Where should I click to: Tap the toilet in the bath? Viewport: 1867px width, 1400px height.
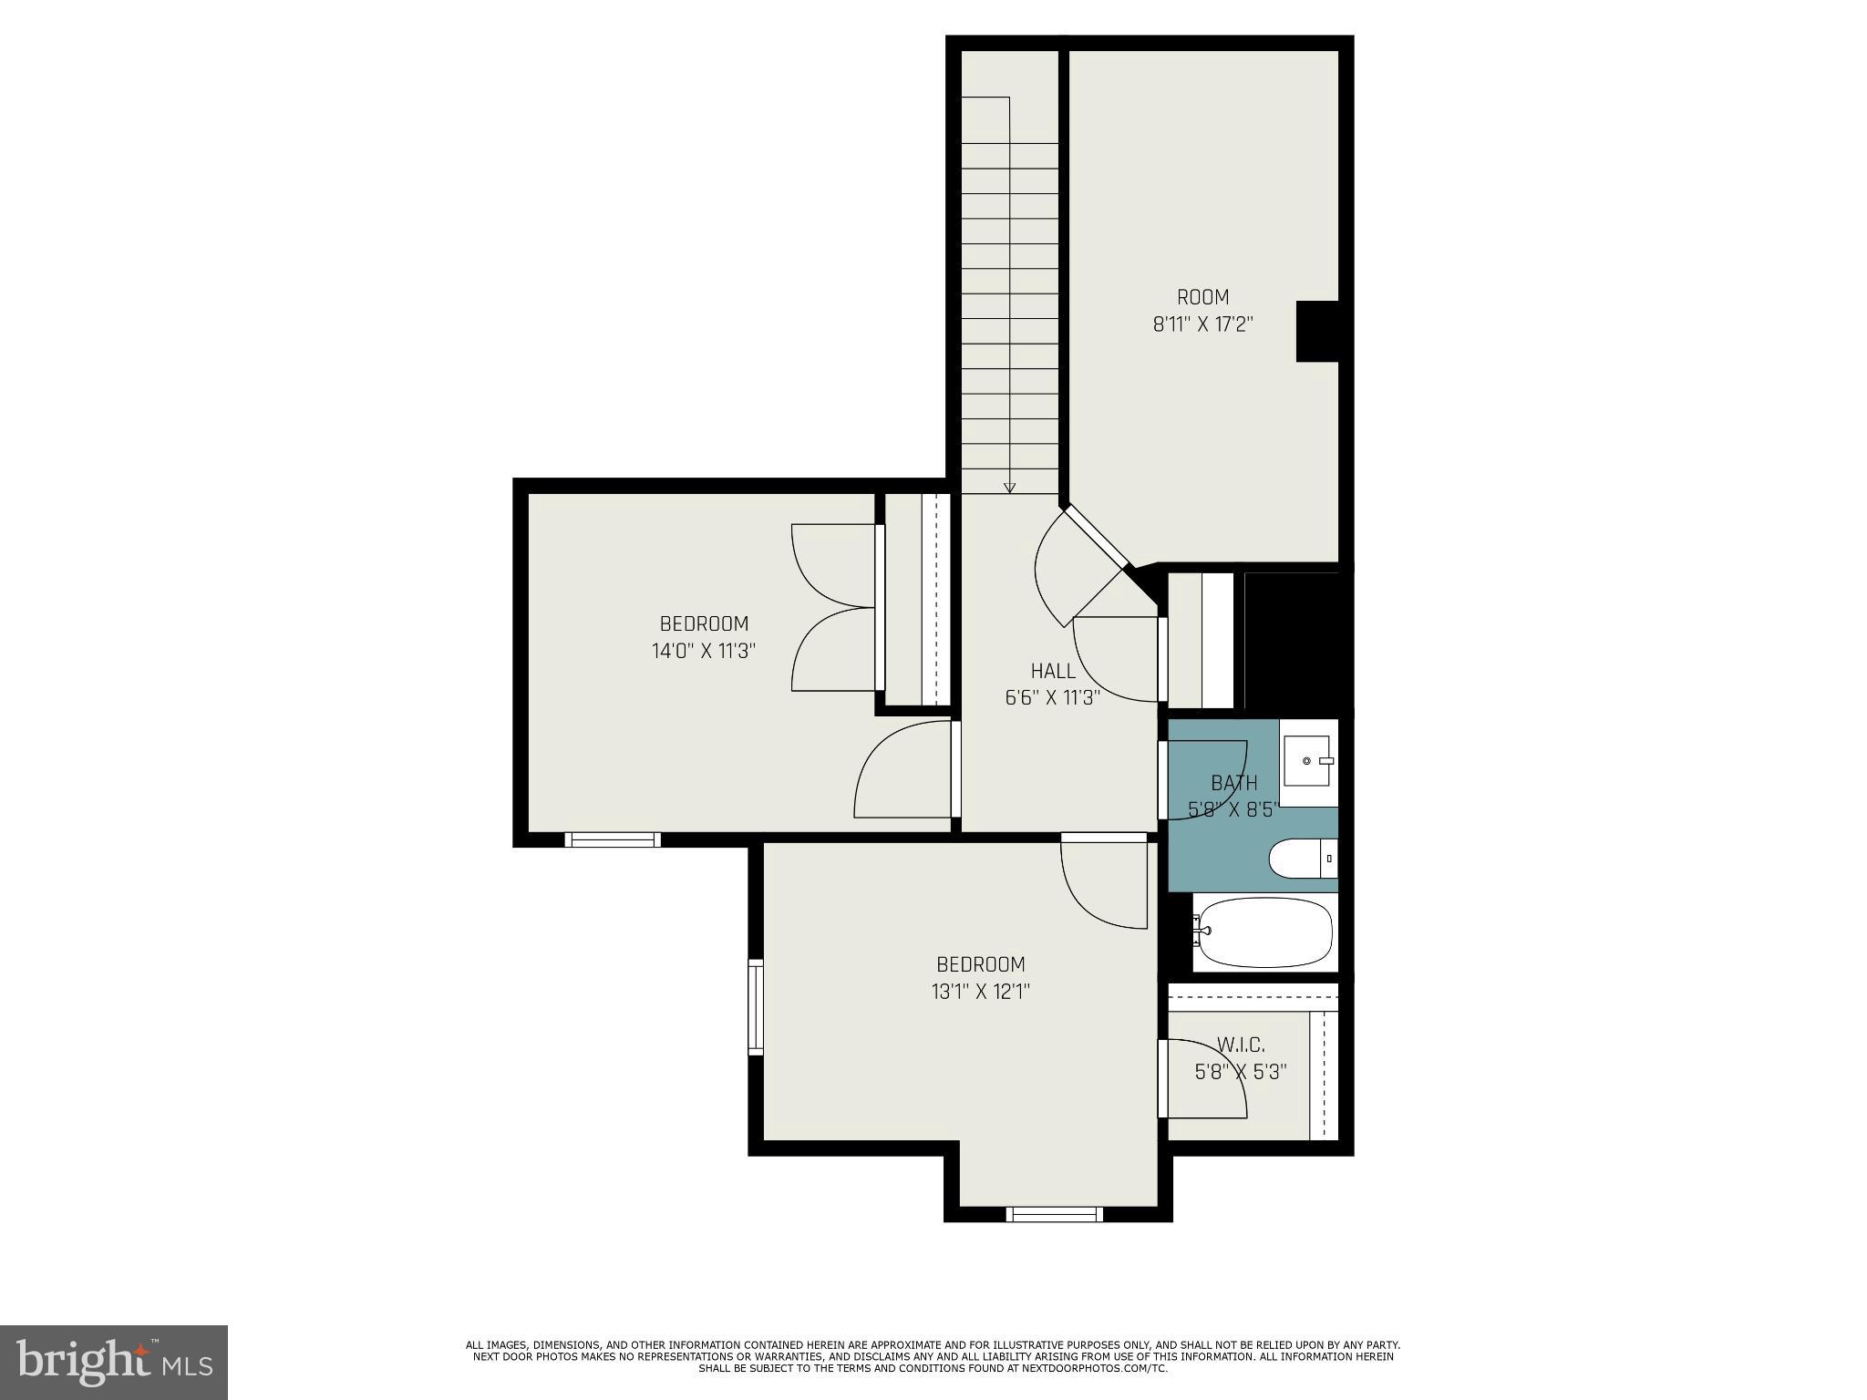pos(1302,859)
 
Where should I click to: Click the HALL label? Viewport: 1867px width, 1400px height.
pos(1053,671)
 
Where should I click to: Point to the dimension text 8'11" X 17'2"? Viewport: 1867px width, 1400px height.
pos(1202,324)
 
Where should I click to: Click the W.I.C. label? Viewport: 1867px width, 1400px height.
pos(1241,1045)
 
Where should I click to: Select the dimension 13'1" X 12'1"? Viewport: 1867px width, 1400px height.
pos(981,992)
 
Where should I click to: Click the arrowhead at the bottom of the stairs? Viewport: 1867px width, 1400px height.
pos(1009,488)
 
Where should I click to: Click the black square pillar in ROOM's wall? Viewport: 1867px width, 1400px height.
pos(1316,331)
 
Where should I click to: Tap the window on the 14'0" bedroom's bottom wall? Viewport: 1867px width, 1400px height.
pos(613,839)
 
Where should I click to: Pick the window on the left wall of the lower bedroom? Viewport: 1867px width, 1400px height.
pos(756,1007)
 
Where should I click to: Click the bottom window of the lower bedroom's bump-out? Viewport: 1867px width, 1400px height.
pos(1055,1214)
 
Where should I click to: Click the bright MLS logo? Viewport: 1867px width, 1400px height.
pos(113,1363)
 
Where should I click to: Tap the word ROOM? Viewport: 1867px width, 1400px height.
pos(1202,297)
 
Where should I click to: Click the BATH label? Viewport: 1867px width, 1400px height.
pos(1234,783)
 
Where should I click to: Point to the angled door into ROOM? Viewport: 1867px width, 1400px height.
pos(1097,537)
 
